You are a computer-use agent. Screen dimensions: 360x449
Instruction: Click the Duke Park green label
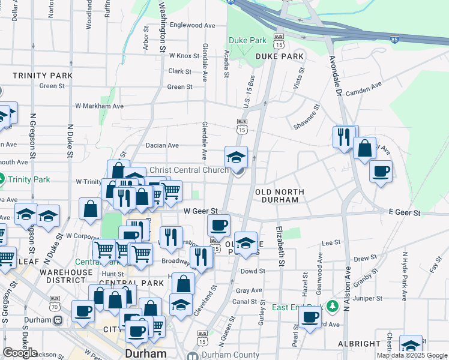(x=247, y=41)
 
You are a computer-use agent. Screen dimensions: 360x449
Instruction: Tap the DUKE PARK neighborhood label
(x=280, y=56)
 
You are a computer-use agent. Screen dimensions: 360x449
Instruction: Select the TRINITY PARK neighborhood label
(x=43, y=76)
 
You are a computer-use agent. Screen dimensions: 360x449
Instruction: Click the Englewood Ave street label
(x=192, y=25)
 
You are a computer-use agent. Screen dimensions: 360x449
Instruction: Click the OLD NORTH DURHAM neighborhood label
(x=280, y=196)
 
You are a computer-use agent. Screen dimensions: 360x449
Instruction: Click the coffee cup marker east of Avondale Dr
(x=380, y=172)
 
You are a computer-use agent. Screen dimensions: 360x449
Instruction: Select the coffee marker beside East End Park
(x=310, y=317)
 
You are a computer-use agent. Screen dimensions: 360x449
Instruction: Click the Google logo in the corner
(x=20, y=352)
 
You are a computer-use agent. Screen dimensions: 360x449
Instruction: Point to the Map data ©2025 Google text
(x=411, y=355)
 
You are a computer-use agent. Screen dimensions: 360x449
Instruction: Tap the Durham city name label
(x=146, y=353)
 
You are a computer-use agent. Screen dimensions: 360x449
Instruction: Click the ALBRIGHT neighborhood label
(x=360, y=343)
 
